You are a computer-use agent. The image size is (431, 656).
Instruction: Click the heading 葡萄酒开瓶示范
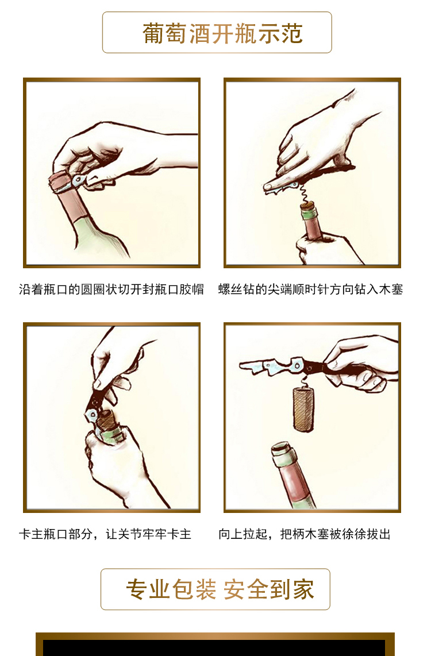point(222,33)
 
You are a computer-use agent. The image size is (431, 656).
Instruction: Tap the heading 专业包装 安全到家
point(220,589)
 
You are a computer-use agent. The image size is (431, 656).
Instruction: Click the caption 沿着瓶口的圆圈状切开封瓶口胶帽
point(111,289)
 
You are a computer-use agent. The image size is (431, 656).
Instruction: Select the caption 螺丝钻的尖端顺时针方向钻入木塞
point(310,289)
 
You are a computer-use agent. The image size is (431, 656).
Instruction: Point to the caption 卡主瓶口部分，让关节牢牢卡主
point(105,534)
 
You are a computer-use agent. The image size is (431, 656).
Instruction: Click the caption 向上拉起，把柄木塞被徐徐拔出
point(305,534)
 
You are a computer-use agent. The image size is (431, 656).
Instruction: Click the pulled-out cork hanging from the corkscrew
point(303,409)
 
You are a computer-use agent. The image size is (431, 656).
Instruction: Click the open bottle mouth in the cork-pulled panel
point(282,449)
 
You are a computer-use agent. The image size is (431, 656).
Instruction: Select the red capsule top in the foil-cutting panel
point(60,182)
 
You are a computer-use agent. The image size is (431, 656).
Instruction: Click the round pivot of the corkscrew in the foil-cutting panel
point(79,180)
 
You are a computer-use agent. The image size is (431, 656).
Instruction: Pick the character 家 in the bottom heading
point(303,589)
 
